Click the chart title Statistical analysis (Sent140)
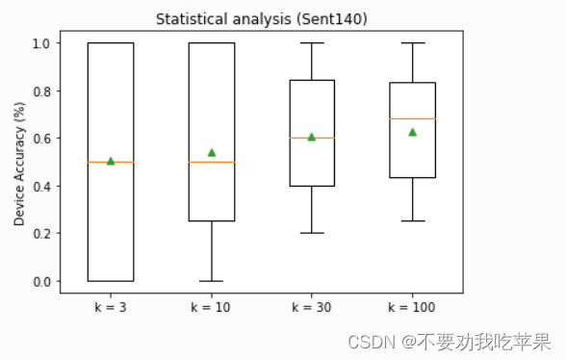[x=261, y=18]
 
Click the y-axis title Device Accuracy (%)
[x=20, y=162]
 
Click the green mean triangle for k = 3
[x=111, y=161]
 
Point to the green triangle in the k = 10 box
[x=212, y=152]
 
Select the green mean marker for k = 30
[x=312, y=137]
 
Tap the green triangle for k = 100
[x=413, y=132]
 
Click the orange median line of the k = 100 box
[x=413, y=118]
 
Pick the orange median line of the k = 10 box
[x=212, y=162]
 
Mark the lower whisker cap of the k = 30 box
[x=312, y=233]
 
